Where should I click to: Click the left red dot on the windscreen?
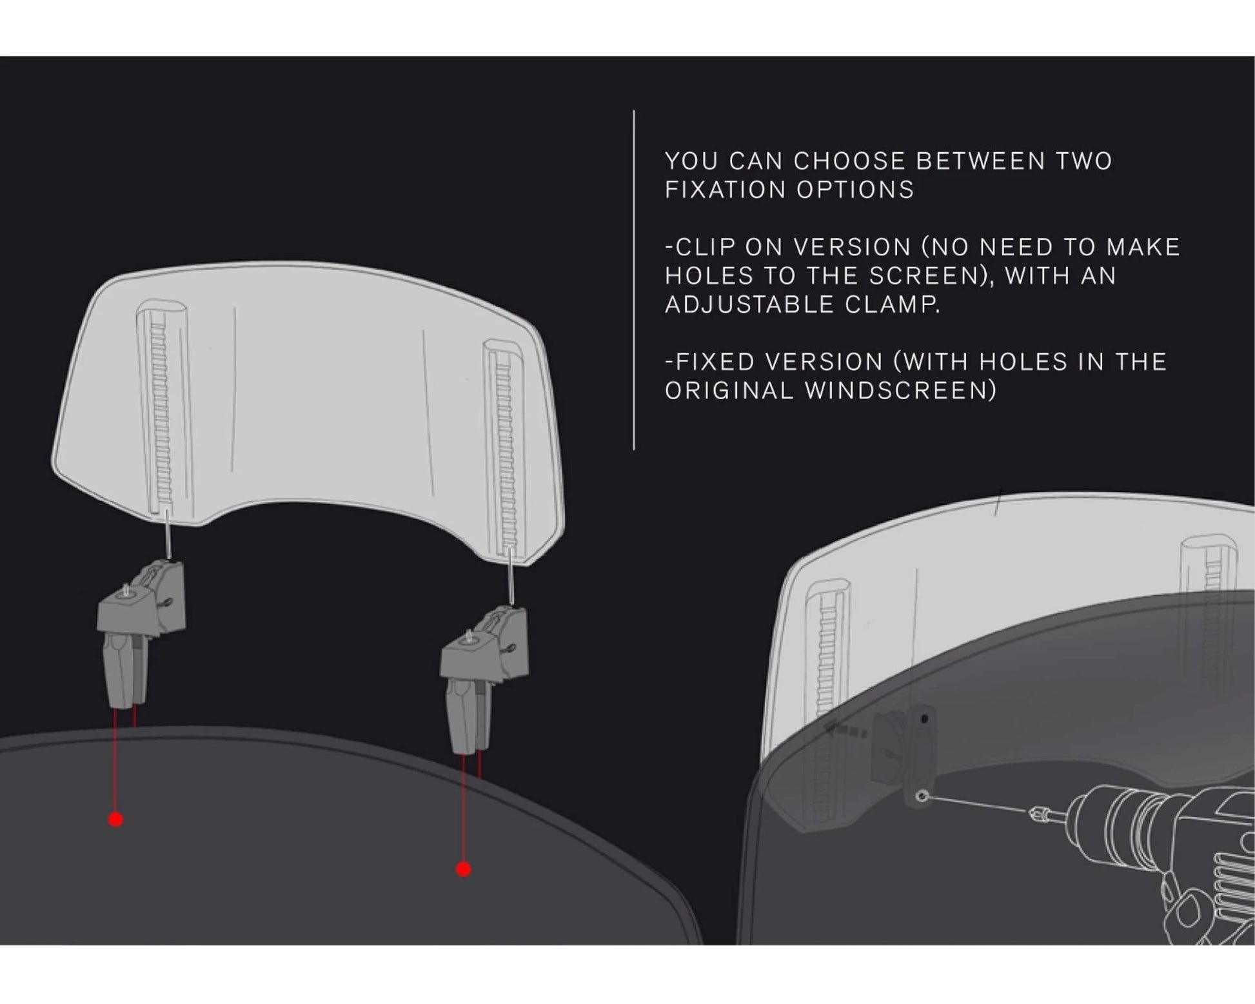click(115, 820)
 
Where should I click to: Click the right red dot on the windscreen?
click(463, 869)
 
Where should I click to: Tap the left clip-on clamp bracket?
click(141, 631)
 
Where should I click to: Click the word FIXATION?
click(726, 190)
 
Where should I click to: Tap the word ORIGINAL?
click(729, 390)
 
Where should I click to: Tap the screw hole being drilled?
click(923, 797)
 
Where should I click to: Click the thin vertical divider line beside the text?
click(634, 280)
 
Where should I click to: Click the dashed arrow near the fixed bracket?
click(845, 731)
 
